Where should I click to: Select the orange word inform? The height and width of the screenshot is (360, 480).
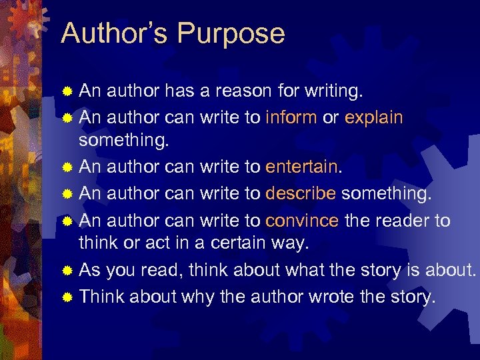coord(291,117)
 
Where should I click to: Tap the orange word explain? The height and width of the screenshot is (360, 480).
coord(374,117)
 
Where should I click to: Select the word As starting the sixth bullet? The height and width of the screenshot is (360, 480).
coord(90,270)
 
